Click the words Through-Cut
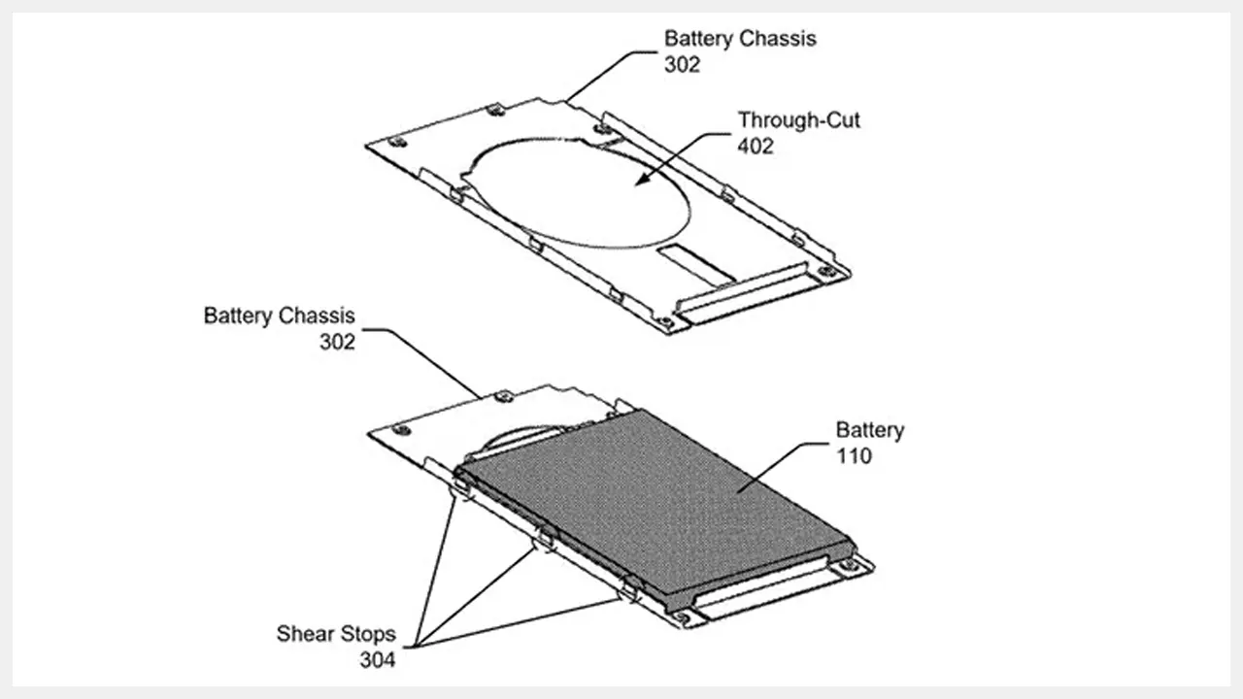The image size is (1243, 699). (x=798, y=119)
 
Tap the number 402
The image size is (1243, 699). (x=756, y=146)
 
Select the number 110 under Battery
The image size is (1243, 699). (x=854, y=456)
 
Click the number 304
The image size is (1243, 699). (x=378, y=659)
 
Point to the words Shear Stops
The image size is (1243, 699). (x=336, y=634)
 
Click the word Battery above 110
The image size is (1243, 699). (x=870, y=430)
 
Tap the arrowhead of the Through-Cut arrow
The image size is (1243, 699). (x=644, y=180)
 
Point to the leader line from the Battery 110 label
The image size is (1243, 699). (x=783, y=467)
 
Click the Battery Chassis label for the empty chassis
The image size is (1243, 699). (x=740, y=51)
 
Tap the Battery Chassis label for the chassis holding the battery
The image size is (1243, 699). (x=279, y=328)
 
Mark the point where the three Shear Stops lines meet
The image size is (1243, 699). (x=416, y=647)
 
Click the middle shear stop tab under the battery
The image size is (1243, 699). (x=546, y=539)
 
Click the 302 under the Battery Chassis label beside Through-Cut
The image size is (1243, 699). (x=682, y=64)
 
